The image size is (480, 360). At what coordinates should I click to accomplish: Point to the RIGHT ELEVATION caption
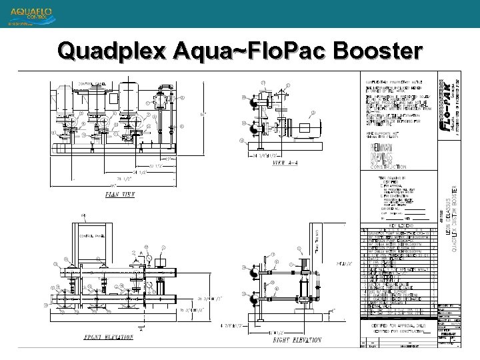point(295,339)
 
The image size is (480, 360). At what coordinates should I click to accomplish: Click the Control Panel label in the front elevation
point(90,235)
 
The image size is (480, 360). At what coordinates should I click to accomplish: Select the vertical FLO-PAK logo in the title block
point(449,107)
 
